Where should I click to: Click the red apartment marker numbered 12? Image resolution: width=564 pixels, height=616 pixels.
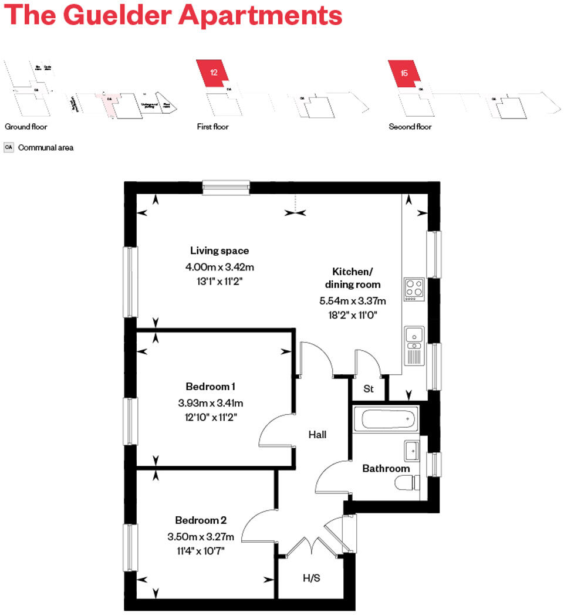pyautogui.click(x=214, y=73)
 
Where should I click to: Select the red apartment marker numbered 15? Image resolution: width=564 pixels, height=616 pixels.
pyautogui.click(x=404, y=73)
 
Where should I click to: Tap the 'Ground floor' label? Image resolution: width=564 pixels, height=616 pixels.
pyautogui.click(x=26, y=127)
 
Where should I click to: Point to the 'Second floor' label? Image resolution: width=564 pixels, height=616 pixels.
pyautogui.click(x=410, y=127)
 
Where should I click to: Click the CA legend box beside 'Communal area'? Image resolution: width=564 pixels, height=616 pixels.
pyautogui.click(x=9, y=148)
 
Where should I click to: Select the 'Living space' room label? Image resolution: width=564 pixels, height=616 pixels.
pyautogui.click(x=219, y=251)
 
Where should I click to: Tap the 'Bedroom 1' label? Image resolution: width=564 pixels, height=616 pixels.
pyautogui.click(x=210, y=387)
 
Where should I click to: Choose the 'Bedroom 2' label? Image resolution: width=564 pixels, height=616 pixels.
pyautogui.click(x=201, y=520)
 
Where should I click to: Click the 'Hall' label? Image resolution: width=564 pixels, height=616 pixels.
pyautogui.click(x=318, y=435)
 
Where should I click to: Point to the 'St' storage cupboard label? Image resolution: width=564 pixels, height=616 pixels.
pyautogui.click(x=369, y=389)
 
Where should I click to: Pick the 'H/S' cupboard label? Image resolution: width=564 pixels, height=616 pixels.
pyautogui.click(x=311, y=578)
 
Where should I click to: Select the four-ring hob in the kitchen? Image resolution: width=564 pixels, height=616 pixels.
pyautogui.click(x=414, y=289)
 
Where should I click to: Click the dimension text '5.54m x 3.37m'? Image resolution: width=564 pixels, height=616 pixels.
pyautogui.click(x=352, y=301)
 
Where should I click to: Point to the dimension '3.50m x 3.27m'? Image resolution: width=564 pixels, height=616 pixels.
pyautogui.click(x=201, y=536)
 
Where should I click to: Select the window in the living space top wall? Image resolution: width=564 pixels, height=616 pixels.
pyautogui.click(x=227, y=187)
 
